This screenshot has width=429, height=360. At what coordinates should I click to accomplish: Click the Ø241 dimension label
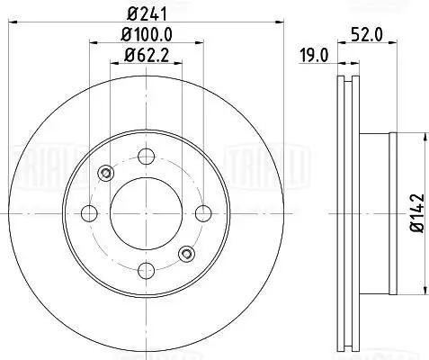147,13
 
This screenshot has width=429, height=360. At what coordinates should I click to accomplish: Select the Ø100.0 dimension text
147,35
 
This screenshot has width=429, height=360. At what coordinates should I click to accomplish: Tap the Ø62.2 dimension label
147,55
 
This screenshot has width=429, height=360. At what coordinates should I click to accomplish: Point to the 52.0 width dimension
367,35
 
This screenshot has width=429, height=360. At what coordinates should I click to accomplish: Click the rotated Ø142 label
417,212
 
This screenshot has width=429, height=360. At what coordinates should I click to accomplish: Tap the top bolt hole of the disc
147,157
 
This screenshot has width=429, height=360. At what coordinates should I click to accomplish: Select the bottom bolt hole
147,270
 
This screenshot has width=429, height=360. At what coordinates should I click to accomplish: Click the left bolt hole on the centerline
89,213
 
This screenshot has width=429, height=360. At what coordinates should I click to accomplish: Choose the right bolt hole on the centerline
203,213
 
